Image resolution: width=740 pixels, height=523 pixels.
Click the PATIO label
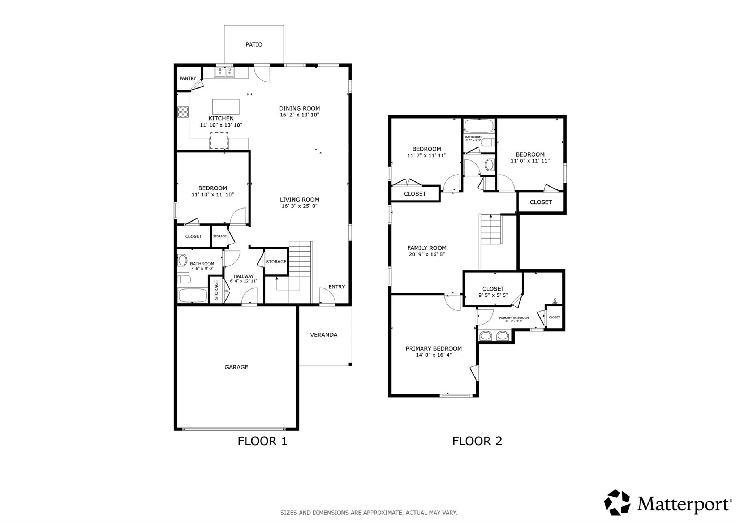(254, 44)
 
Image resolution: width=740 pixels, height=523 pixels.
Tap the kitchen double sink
(224, 73)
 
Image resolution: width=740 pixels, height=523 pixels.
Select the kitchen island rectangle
(226, 107)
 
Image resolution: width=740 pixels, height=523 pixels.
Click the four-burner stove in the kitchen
(183, 112)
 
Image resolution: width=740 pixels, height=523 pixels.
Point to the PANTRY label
(188, 78)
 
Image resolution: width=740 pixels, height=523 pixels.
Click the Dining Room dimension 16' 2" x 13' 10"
(299, 115)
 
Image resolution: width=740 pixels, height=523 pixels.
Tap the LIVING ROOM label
(299, 200)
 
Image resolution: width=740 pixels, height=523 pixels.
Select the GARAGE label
(236, 367)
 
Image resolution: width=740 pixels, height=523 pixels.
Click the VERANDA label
(323, 335)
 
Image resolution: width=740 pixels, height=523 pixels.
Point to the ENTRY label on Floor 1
(336, 287)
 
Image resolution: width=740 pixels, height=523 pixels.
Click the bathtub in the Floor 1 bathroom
(193, 295)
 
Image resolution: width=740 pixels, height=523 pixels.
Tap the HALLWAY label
(243, 276)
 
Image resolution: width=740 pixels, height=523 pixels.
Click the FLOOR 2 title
(477, 441)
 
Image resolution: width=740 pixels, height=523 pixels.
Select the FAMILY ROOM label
(427, 248)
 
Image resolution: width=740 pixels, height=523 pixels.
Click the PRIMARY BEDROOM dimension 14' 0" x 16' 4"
(434, 355)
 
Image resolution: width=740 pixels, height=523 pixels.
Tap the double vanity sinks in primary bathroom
(494, 336)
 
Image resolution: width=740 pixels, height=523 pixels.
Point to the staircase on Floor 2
(490, 230)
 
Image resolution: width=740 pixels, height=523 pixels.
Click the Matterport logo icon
(617, 502)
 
